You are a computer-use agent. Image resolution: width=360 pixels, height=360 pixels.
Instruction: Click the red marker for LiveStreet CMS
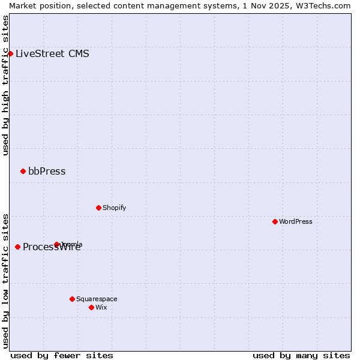(10, 53)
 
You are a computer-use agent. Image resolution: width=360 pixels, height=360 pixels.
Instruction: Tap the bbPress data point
(23, 172)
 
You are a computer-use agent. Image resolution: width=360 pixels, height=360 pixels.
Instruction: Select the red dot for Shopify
(98, 208)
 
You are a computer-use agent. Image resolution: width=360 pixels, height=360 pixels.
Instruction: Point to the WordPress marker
(275, 221)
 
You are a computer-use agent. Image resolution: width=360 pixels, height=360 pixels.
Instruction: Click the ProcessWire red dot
(17, 247)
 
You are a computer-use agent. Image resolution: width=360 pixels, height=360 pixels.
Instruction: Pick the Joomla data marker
(57, 244)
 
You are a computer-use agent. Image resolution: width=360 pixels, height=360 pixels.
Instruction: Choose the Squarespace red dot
(72, 299)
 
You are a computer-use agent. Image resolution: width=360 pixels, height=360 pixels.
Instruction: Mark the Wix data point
(91, 307)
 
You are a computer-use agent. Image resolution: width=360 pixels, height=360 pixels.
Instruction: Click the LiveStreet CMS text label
(52, 53)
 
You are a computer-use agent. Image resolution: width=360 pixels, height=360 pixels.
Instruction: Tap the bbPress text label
(47, 172)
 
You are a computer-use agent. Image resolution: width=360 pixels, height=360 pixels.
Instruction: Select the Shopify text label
(114, 208)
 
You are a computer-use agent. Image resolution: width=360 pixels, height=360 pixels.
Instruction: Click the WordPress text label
(295, 221)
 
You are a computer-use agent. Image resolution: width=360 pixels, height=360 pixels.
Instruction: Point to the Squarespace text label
(97, 299)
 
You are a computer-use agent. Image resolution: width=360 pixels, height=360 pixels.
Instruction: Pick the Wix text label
(101, 307)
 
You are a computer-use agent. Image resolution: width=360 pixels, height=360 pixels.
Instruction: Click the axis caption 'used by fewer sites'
(62, 355)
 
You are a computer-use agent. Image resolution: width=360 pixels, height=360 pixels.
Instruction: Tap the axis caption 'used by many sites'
(301, 355)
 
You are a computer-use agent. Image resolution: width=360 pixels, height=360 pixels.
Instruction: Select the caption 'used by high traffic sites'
(5, 85)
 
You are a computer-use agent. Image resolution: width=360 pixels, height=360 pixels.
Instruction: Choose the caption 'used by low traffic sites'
(5, 280)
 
